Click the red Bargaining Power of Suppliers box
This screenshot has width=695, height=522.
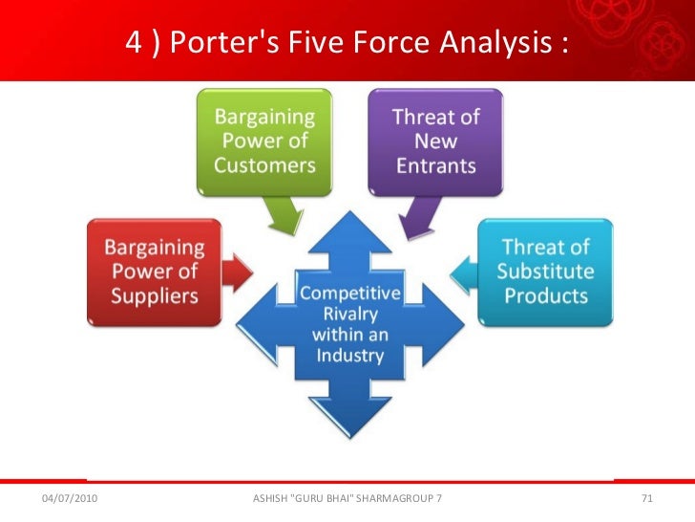click(x=155, y=273)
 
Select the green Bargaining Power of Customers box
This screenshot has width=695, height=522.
click(x=263, y=141)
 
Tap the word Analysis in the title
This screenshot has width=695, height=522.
click(x=506, y=43)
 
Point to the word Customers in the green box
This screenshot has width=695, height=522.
click(x=264, y=164)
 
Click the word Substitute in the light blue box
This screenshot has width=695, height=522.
click(x=546, y=272)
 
